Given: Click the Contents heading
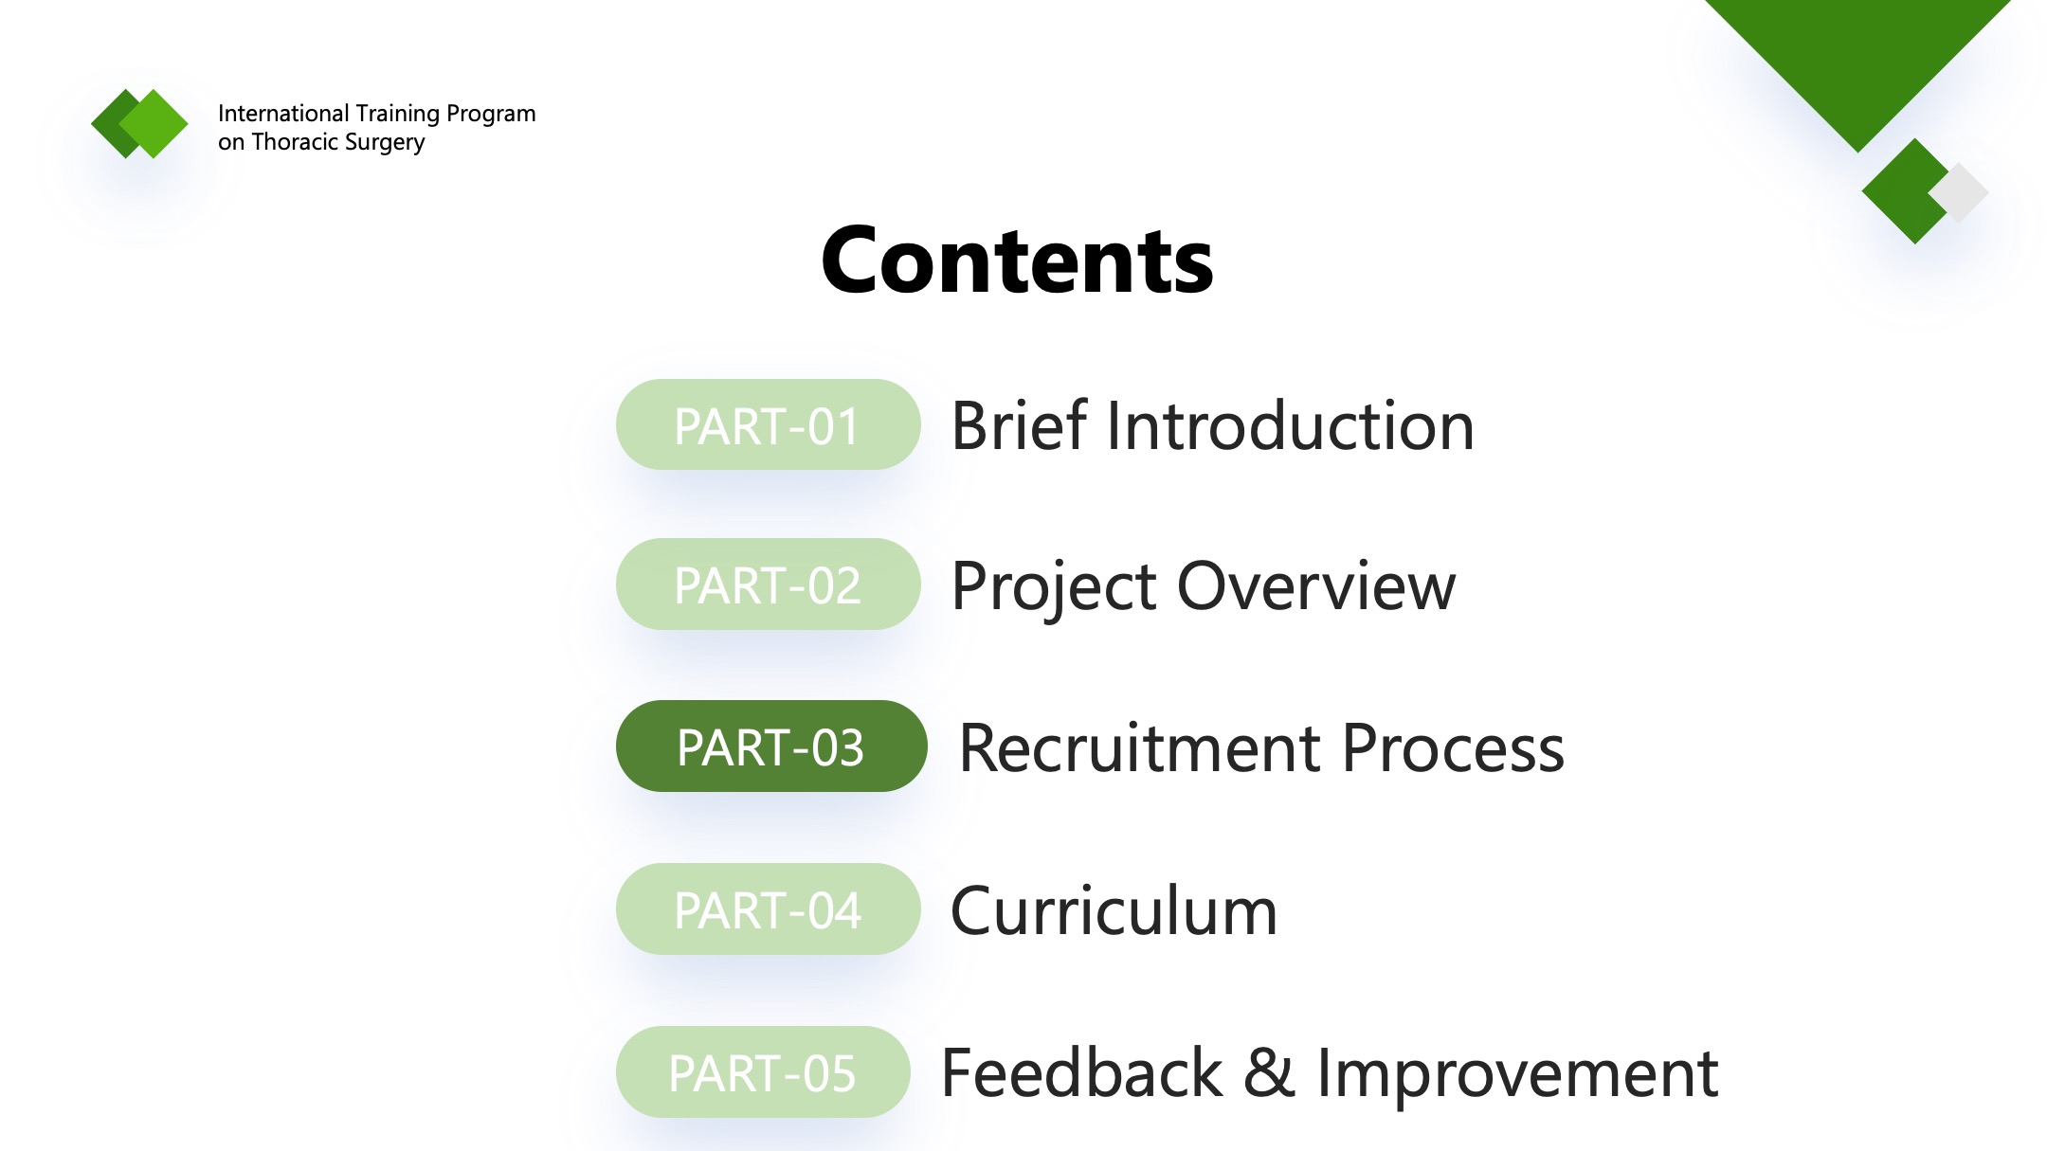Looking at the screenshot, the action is (x=1017, y=261).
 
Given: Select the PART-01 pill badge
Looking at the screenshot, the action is (x=768, y=424).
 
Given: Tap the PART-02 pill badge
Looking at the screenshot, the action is (x=768, y=584).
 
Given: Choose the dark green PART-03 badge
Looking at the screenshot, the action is (x=771, y=746).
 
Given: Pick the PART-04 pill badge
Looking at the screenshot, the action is (x=768, y=908).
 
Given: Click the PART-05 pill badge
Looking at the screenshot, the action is (x=763, y=1071).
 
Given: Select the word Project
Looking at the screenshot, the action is (x=1054, y=589).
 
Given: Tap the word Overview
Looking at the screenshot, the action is (x=1316, y=586).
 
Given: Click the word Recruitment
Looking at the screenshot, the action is (x=1140, y=748).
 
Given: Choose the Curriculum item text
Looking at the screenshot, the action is (x=1114, y=910).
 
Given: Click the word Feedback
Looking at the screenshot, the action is (x=1082, y=1073).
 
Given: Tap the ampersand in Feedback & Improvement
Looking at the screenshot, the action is (x=1269, y=1073).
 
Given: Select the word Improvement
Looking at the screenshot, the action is (x=1517, y=1077).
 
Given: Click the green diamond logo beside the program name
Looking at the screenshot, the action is (x=140, y=123).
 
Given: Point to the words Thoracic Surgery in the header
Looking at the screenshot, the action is (x=338, y=142).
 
